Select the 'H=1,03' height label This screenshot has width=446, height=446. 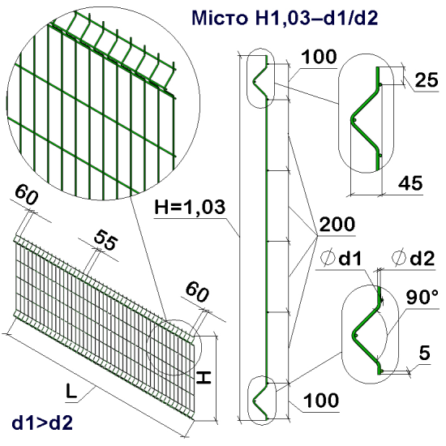pos(187,208)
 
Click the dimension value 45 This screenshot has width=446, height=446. pos(410,184)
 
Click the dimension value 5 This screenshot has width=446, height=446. pos(424,353)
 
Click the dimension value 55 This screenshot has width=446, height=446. pos(103,239)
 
